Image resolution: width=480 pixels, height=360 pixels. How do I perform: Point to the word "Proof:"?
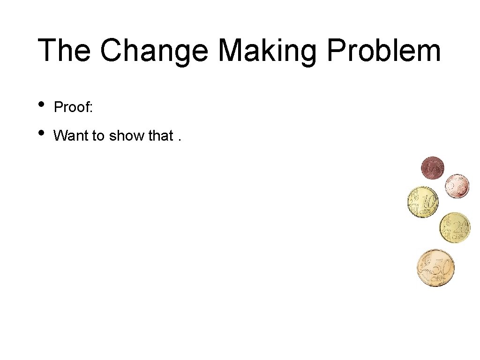[x=74, y=108]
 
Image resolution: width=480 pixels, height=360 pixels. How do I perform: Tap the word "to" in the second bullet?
[x=98, y=136]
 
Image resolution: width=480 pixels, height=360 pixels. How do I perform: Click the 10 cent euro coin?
[x=423, y=202]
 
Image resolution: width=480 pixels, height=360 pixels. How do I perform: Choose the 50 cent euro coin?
[x=436, y=268]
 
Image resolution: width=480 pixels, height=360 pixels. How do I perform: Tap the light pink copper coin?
[x=457, y=186]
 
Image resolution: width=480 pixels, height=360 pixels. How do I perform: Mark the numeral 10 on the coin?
[x=428, y=202]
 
